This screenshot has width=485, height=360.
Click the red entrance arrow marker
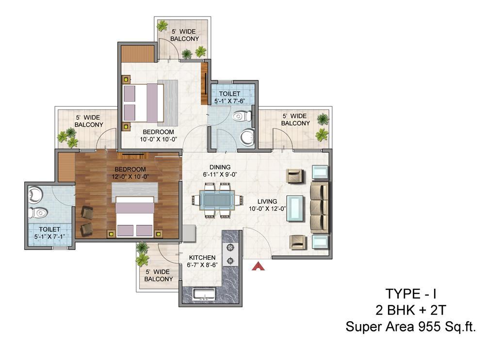(x=259, y=266)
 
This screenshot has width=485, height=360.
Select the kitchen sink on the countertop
(x=204, y=294)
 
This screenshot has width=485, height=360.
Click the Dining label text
(x=220, y=167)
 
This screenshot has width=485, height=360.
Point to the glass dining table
(x=217, y=200)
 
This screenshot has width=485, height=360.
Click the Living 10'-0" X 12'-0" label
(x=267, y=205)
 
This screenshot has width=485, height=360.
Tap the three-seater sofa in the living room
(x=320, y=207)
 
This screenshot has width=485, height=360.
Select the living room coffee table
(x=295, y=208)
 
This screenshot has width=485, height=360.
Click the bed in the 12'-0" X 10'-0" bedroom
(x=134, y=216)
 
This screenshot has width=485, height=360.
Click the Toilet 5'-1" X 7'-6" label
(x=229, y=97)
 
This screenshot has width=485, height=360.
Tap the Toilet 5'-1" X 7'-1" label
(x=49, y=233)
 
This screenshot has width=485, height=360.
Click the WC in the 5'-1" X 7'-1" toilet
(x=38, y=213)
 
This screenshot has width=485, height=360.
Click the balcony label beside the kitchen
(x=159, y=275)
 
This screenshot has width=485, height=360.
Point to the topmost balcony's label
(x=184, y=35)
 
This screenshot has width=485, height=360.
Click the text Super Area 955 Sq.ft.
(x=410, y=327)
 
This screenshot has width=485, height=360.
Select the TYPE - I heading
(x=411, y=294)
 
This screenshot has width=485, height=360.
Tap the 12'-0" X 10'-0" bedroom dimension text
(x=130, y=177)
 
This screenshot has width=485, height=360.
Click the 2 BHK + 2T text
(x=410, y=310)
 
